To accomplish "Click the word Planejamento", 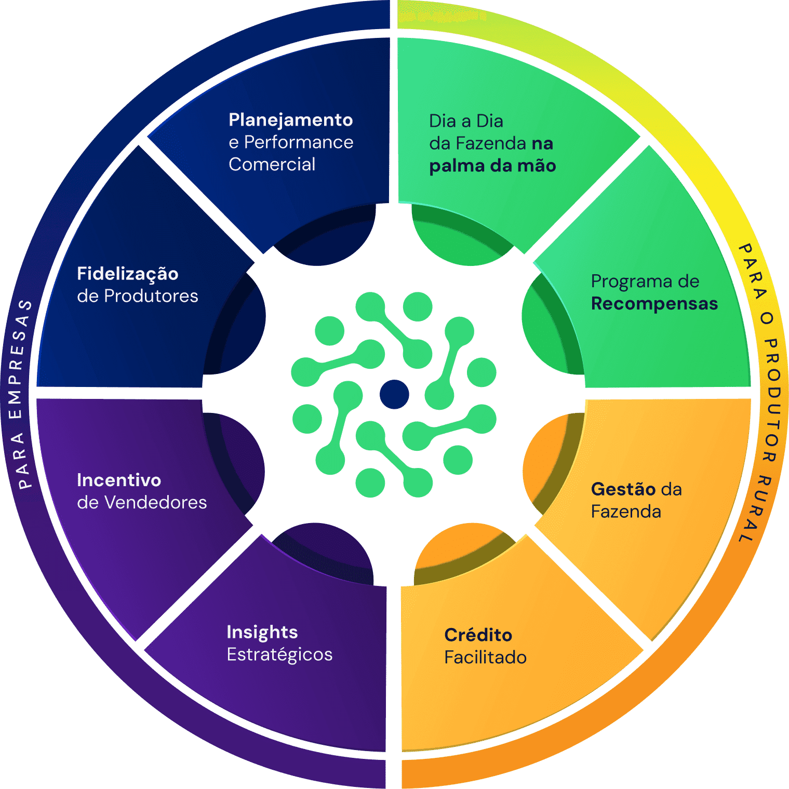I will (290, 120).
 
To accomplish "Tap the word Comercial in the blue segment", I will (272, 165).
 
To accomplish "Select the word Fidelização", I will (128, 274).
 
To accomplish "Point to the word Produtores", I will (151, 296).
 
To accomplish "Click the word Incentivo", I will (119, 480).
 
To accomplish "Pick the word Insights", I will (262, 632).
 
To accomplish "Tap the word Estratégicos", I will (279, 654).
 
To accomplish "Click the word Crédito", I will (478, 635).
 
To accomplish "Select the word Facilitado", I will (485, 658).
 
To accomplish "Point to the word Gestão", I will (623, 489).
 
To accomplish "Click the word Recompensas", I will (654, 304).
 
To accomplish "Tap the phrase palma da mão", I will (492, 166).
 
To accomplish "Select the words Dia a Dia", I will (466, 121).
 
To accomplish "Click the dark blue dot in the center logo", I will (394, 394).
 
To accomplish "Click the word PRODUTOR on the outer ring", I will (771, 400).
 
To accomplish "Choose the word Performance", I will (299, 142).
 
